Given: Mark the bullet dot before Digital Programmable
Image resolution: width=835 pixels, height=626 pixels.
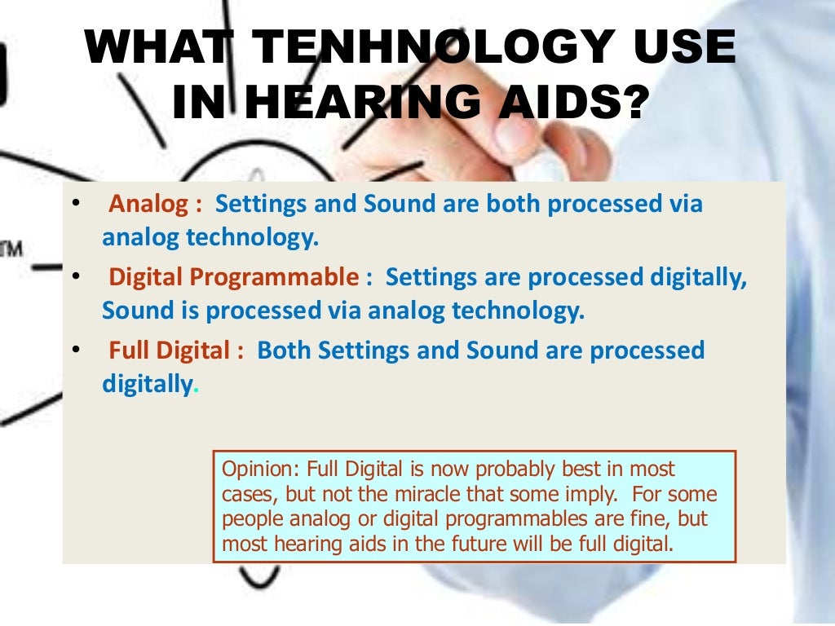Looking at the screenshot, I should [x=75, y=277].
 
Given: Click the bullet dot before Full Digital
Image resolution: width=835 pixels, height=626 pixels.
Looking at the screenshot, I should [x=75, y=350].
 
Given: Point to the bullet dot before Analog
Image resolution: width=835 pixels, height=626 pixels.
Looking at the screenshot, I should [x=75, y=204].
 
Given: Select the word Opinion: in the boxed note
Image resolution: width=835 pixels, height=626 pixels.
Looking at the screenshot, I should [x=258, y=469].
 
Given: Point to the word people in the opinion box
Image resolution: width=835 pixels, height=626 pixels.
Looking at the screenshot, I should [x=247, y=519].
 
